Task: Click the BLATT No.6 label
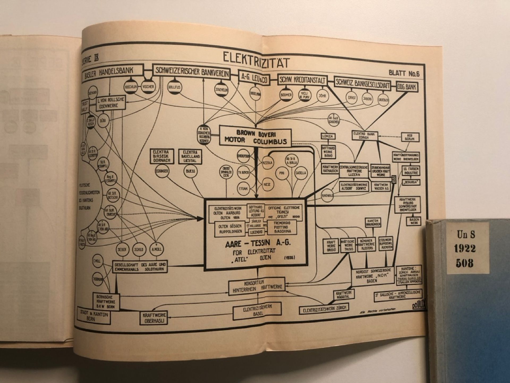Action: (404, 73)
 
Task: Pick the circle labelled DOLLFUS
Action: (174, 87)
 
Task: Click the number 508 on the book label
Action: (466, 263)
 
